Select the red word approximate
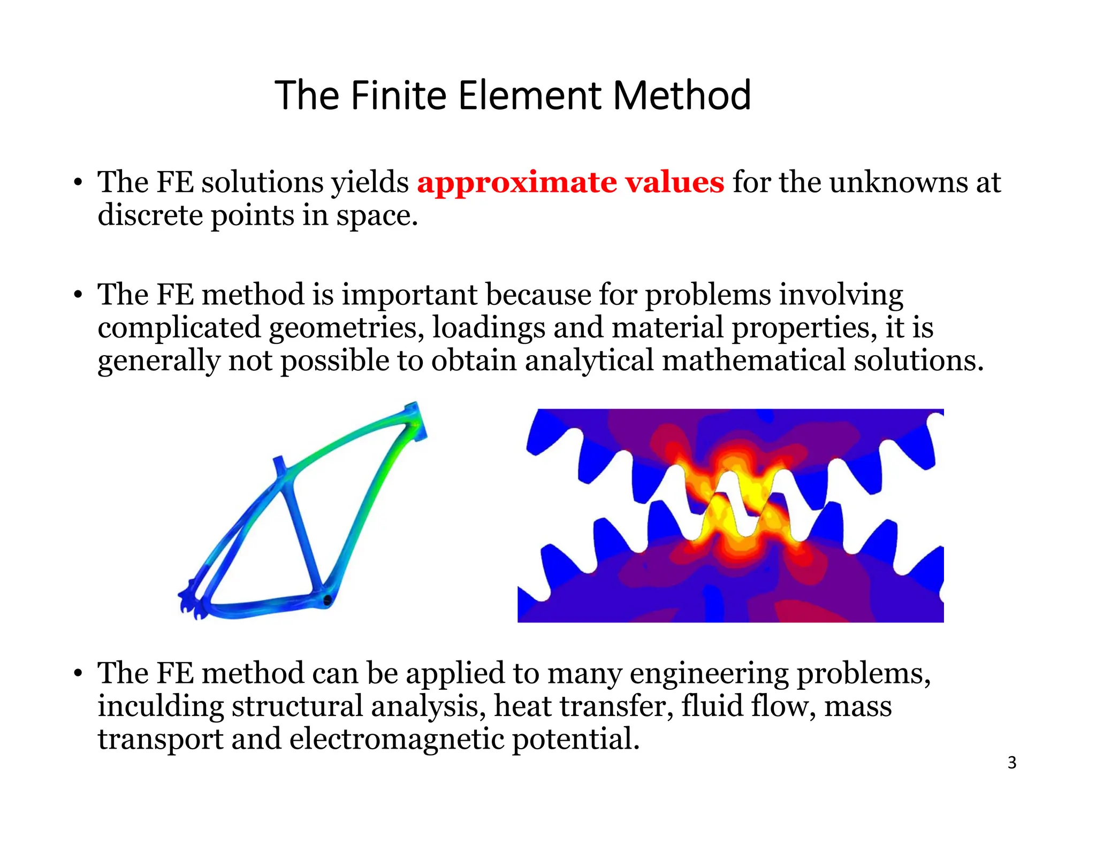pyautogui.click(x=517, y=183)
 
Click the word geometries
pyautogui.click(x=346, y=328)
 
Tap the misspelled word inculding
pyautogui.click(x=161, y=706)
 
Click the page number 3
pyautogui.click(x=1011, y=763)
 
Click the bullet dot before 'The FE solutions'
pyautogui.click(x=78, y=183)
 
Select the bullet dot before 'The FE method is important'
pyautogui.click(x=78, y=295)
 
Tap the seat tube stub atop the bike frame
pyautogui.click(x=279, y=464)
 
